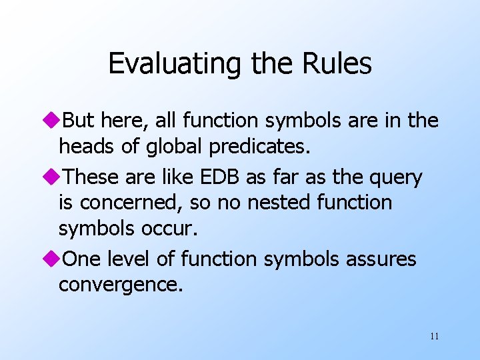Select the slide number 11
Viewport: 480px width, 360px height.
434,336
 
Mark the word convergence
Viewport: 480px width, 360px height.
119,285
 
